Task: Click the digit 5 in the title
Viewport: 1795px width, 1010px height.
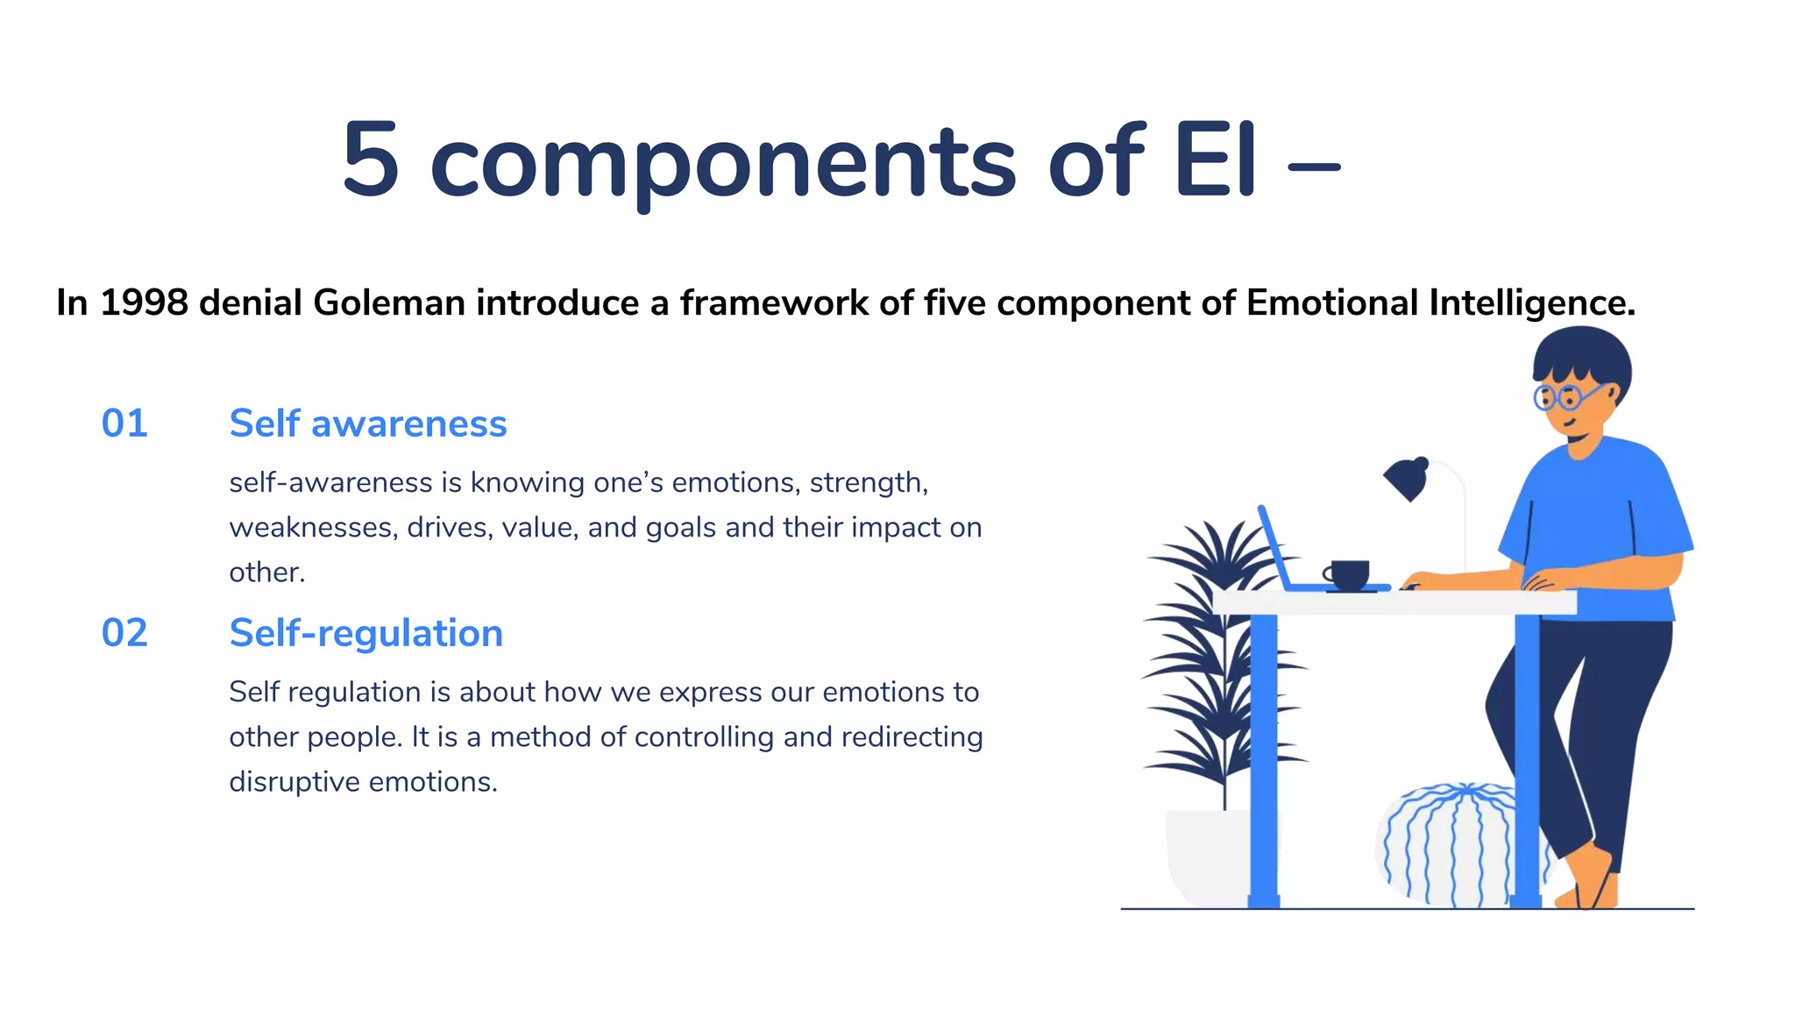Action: coord(372,160)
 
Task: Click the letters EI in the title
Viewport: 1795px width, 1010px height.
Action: coord(1215,160)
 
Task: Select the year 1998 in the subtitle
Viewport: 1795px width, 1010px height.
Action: coord(144,303)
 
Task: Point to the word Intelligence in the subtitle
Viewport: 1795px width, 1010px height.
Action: coord(1532,303)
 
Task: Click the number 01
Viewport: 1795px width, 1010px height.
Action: coord(124,423)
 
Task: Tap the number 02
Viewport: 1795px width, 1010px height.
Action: coord(124,633)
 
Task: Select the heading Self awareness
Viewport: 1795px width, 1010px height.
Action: coord(368,423)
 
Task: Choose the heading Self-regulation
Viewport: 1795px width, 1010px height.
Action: coord(366,633)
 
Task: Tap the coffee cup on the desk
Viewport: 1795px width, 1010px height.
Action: coord(1348,575)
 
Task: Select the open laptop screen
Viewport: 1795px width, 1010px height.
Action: coord(1274,547)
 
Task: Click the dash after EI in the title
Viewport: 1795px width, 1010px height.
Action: coord(1314,167)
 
